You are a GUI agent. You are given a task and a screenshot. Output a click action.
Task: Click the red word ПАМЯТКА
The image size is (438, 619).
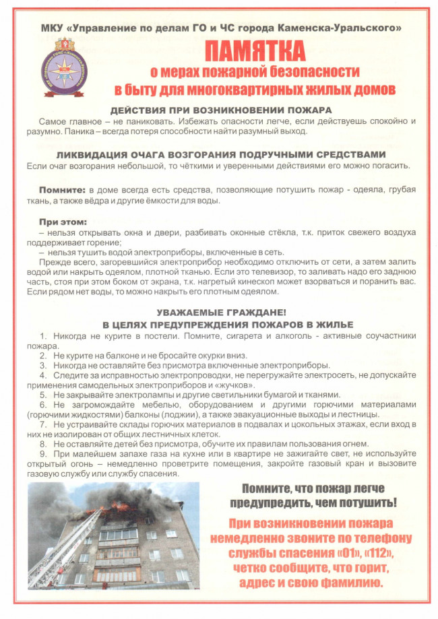pyautogui.click(x=254, y=52)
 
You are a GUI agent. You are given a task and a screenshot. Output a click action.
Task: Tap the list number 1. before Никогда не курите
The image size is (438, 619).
pyautogui.click(x=44, y=335)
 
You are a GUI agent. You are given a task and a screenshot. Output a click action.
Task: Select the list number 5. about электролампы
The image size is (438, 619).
pyautogui.click(x=44, y=394)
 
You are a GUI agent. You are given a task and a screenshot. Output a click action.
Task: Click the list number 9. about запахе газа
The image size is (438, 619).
pyautogui.click(x=44, y=455)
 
